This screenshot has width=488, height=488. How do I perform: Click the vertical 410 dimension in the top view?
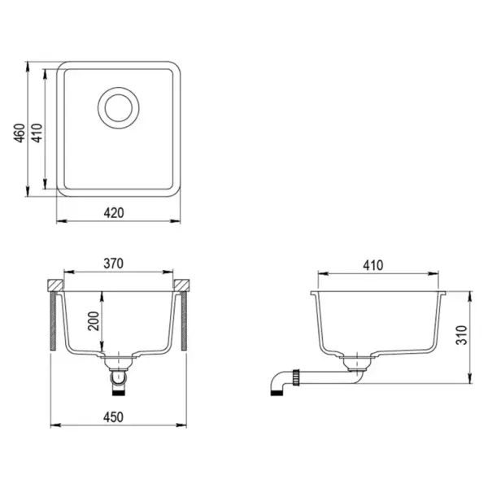pos(37,129)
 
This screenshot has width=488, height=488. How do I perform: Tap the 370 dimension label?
pos(114,264)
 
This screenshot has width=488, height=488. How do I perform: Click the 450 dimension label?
pos(114,416)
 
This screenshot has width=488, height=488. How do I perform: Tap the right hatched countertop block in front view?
pos(184,286)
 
